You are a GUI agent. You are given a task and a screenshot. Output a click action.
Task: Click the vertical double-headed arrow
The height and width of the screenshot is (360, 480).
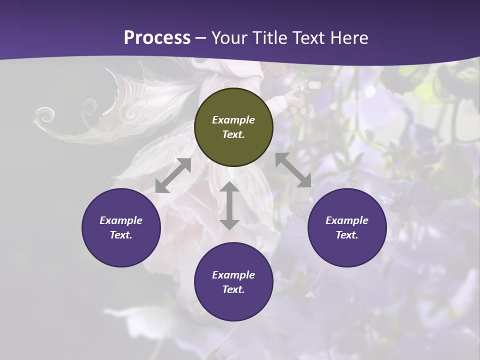[229, 205]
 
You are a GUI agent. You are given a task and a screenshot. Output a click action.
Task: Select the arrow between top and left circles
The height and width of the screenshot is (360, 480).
[173, 175]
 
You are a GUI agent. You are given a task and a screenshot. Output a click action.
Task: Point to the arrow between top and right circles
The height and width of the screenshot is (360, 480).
[293, 170]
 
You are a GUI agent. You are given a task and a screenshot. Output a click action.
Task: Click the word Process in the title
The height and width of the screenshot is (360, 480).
[157, 38]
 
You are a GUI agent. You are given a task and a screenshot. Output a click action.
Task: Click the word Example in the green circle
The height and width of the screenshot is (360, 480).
[233, 120]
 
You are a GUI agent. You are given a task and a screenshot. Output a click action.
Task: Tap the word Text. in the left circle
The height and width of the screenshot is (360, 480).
[121, 235]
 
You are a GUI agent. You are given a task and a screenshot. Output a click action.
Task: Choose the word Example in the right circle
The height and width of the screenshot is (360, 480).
[347, 220]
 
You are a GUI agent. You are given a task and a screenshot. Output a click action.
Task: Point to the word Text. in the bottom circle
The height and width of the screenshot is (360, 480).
[233, 289]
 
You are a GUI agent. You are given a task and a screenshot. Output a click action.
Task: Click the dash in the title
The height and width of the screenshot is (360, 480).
[201, 38]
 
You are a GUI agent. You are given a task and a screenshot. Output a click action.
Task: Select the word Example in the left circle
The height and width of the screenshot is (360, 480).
[121, 220]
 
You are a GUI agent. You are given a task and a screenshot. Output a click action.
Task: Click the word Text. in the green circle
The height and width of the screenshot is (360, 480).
[233, 134]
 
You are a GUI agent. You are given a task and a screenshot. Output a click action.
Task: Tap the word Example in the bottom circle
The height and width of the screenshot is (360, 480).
[233, 275]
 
